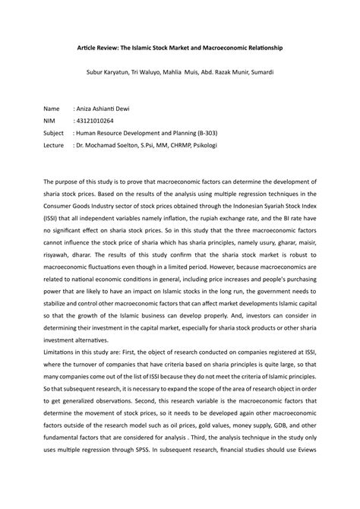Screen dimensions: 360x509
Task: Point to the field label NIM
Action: tap(51, 120)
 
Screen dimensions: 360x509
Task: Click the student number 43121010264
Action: tap(93, 120)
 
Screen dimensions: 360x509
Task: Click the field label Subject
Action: tap(55, 131)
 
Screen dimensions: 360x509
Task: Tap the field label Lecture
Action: tap(55, 143)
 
